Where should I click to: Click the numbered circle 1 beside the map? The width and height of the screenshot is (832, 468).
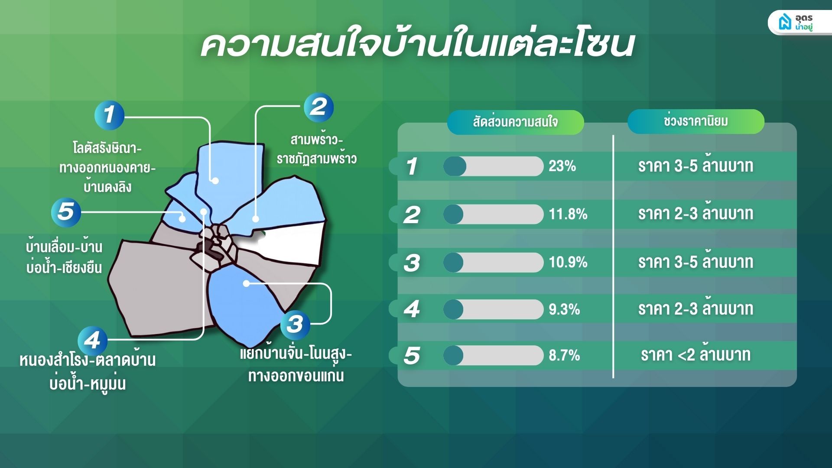coord(109,115)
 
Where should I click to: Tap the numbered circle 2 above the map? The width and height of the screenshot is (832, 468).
coord(318,107)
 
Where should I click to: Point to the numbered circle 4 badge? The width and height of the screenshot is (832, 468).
coord(92,341)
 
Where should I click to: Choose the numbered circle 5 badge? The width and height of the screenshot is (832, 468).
coord(66,212)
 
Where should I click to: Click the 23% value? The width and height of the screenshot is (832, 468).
coord(562,166)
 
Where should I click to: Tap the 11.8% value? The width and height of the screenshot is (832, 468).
coord(568,214)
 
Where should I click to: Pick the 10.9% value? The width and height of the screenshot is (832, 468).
coord(568,262)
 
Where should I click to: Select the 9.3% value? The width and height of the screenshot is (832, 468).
coord(564,309)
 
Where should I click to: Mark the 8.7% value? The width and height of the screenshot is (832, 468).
coord(564,355)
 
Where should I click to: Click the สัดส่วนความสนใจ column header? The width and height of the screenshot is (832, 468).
coord(515,122)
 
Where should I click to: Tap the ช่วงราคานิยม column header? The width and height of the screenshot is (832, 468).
coord(695,121)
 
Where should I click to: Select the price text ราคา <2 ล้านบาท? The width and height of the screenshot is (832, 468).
coord(695,354)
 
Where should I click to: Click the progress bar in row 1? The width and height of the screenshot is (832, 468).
coord(493,166)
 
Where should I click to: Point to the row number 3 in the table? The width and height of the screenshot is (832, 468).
coord(412,263)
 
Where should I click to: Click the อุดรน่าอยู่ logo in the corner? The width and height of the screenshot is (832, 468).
coord(799,23)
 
